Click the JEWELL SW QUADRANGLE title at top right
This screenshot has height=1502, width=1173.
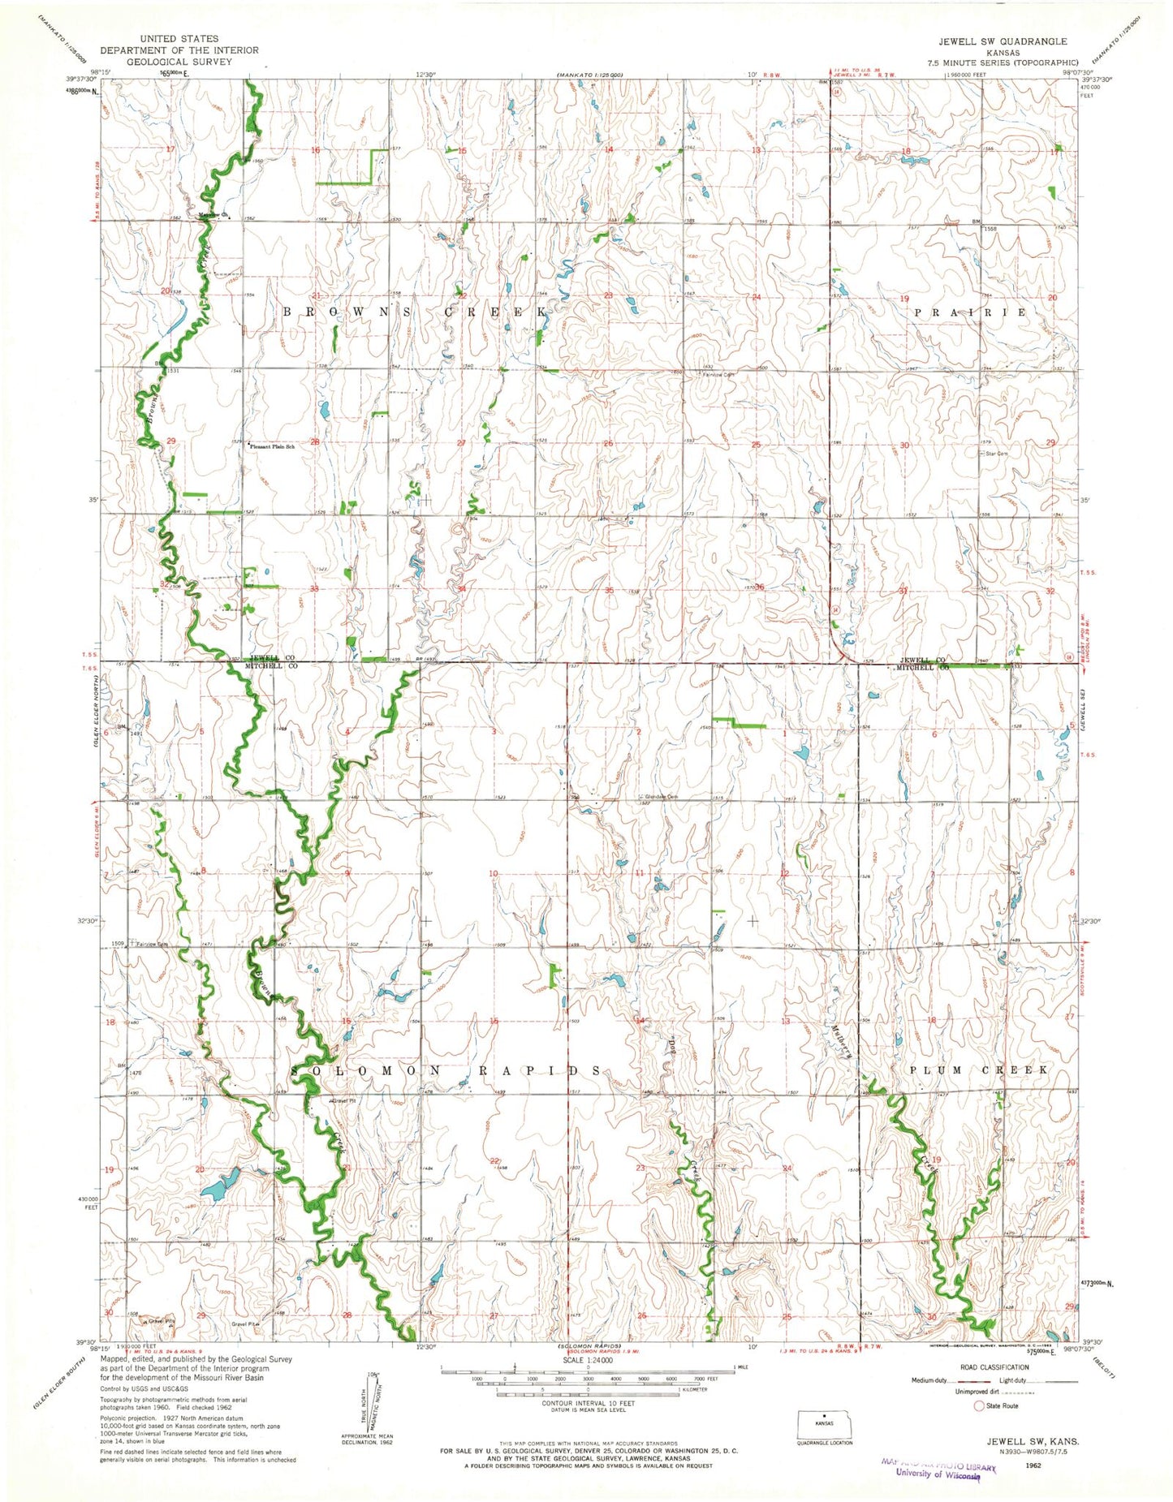1003,41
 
